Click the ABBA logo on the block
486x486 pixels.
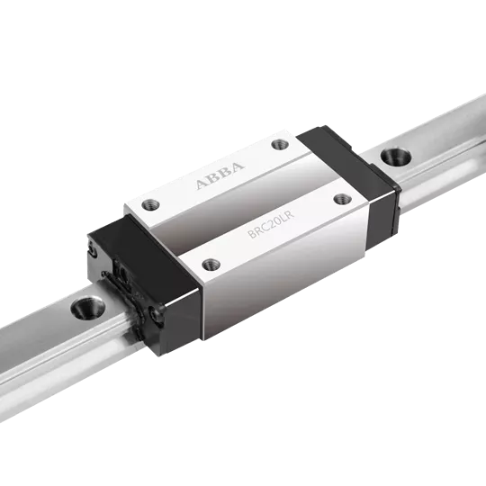click(220, 175)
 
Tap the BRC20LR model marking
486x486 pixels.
click(271, 224)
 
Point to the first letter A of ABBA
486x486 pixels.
click(202, 184)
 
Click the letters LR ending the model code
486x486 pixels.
click(288, 215)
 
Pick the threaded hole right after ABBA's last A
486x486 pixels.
click(280, 144)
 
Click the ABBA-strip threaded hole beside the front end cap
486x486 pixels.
click(150, 204)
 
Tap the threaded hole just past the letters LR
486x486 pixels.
click(343, 198)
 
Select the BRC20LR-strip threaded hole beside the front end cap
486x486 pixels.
click(211, 265)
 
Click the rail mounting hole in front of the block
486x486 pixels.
click(87, 308)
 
